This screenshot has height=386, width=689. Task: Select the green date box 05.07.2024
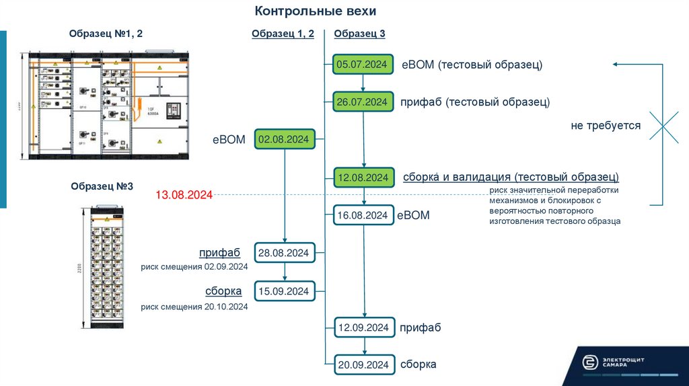pyautogui.click(x=363, y=65)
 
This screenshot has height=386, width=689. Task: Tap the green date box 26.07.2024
pyautogui.click(x=363, y=102)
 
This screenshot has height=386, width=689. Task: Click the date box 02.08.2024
pyautogui.click(x=285, y=139)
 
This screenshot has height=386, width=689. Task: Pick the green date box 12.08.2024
pyautogui.click(x=363, y=178)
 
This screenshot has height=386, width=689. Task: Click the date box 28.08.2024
pyautogui.click(x=285, y=253)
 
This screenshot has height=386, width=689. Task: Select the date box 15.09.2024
pyautogui.click(x=285, y=291)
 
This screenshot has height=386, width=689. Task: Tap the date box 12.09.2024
pyautogui.click(x=363, y=327)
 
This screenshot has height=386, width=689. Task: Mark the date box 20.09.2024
pyautogui.click(x=363, y=364)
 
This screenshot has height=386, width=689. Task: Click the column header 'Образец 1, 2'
pyautogui.click(x=283, y=34)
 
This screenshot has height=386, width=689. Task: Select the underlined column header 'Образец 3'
pyautogui.click(x=359, y=34)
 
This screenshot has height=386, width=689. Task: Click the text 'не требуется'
pyautogui.click(x=605, y=126)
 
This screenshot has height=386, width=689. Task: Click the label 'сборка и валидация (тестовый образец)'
pyautogui.click(x=511, y=178)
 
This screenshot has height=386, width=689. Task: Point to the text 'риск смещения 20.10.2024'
pyautogui.click(x=194, y=307)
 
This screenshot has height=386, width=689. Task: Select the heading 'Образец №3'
pyautogui.click(x=102, y=186)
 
